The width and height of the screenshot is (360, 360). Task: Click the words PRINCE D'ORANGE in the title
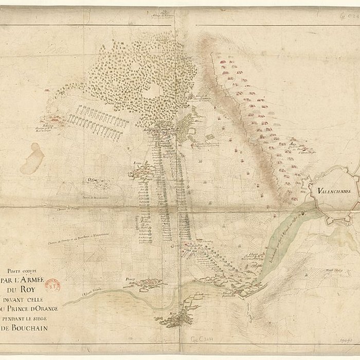pyautogui.click(x=36, y=309)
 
